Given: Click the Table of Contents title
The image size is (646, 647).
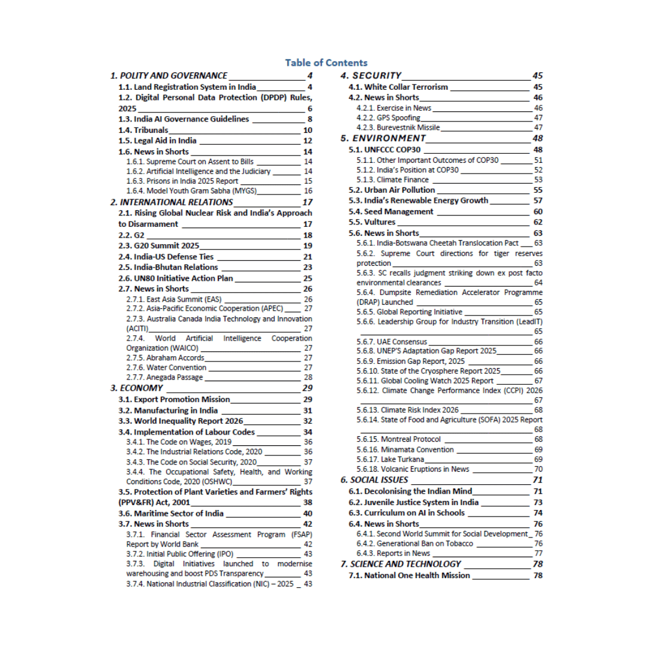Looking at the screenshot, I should pos(326,62).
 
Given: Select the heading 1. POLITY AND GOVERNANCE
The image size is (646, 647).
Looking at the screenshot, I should pos(169,75).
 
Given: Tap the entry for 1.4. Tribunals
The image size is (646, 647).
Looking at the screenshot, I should pos(143,130).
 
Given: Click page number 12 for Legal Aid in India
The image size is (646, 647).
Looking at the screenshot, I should pos(308,141).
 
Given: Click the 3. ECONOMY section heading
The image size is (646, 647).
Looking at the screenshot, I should pos(137,388).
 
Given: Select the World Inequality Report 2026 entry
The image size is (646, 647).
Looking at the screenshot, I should pos(180,421).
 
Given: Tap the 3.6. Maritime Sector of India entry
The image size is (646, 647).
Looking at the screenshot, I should pos(171,514).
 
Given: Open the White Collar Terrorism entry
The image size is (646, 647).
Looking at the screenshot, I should pos(398,87).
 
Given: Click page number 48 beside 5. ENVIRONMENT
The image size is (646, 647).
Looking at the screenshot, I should pos(537,138).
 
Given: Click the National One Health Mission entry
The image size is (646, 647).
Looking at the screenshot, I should pos(410,576).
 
